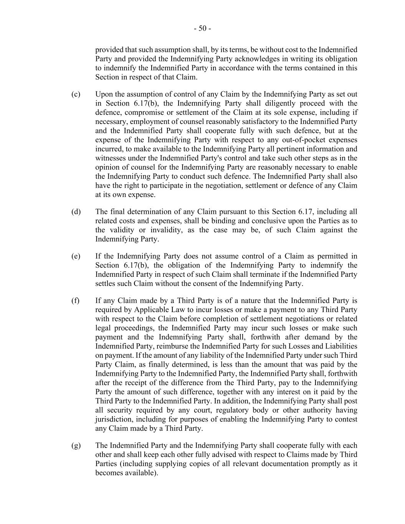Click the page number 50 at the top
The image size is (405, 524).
coord(202,28)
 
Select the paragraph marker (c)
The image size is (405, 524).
coord(76,94)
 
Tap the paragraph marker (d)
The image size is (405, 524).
coord(76,212)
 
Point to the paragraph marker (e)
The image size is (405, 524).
coord(76,256)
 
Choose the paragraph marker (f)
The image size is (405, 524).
coord(75,301)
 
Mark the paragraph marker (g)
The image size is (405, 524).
coord(76,445)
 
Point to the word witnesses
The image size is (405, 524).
coord(111,158)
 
